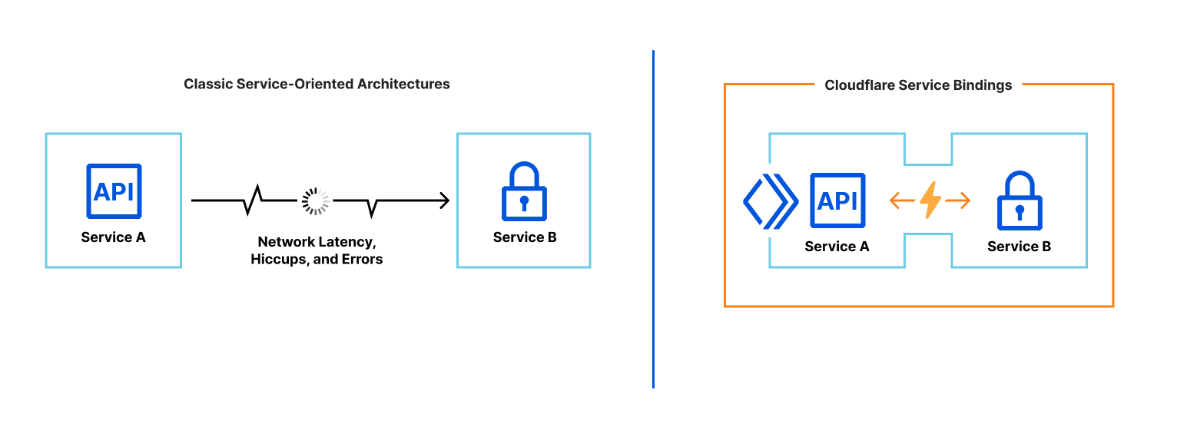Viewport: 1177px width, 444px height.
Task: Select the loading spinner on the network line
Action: tap(315, 200)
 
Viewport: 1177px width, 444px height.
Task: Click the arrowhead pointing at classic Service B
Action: tap(443, 200)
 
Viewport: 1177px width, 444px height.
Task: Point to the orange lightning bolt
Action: tap(930, 200)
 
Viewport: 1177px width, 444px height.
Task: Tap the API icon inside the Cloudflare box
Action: tap(837, 201)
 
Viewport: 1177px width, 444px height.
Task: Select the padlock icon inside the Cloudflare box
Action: tap(1020, 203)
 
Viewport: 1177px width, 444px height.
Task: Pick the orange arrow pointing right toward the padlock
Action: tap(958, 200)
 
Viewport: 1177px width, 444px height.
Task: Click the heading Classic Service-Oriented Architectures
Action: tap(317, 84)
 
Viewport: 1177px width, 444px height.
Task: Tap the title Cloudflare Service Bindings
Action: tap(918, 85)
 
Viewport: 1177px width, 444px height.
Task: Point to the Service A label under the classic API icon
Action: tap(113, 237)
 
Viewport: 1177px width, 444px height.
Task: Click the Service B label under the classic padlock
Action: tap(525, 237)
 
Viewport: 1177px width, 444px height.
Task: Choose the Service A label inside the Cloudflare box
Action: tap(837, 247)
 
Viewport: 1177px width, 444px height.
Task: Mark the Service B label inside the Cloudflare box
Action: tap(1019, 247)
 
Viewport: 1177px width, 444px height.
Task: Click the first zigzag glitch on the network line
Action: tap(254, 200)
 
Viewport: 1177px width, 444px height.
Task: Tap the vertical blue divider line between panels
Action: tap(653, 219)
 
